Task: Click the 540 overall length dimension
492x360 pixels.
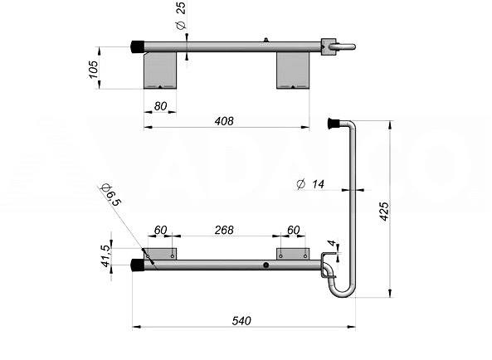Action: tap(241, 321)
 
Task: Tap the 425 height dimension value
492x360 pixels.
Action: tap(384, 212)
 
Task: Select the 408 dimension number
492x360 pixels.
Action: tap(224, 121)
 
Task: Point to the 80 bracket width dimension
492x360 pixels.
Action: tap(160, 106)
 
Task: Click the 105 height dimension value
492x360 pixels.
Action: tap(93, 70)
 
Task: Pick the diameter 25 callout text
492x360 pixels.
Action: tap(181, 16)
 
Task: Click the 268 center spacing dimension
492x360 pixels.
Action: tap(224, 230)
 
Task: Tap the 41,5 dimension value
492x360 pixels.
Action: tap(106, 255)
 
